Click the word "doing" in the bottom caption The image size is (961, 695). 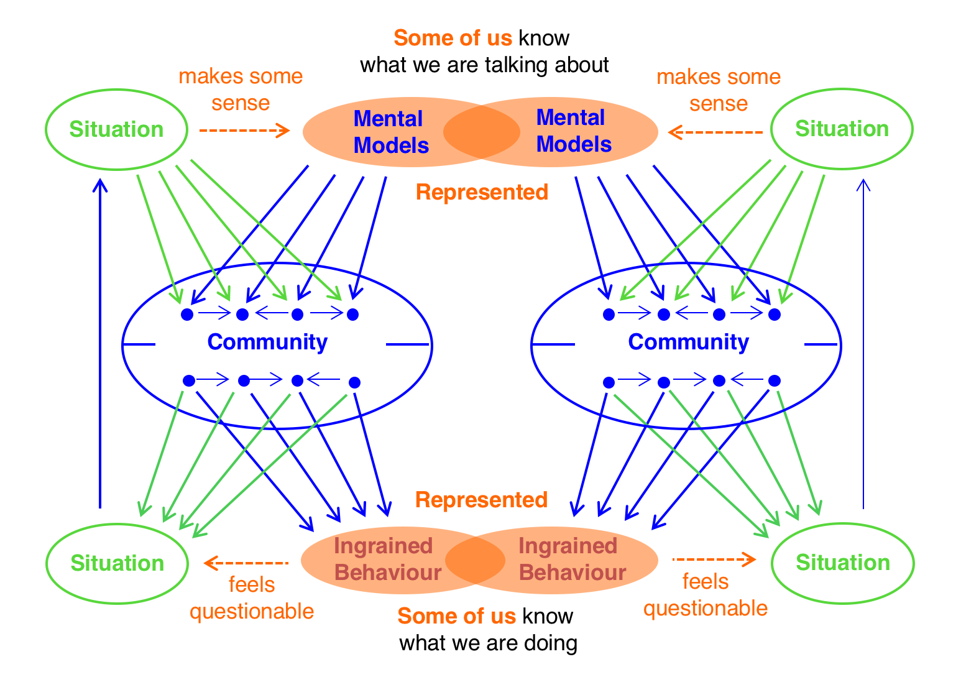pos(551,643)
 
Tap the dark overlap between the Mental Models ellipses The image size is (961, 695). pos(481,132)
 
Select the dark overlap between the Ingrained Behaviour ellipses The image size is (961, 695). pos(475,559)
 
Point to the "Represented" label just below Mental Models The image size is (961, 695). pos(482,193)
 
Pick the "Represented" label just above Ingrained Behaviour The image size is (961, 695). pos(481,500)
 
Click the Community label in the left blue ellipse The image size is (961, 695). pos(267,342)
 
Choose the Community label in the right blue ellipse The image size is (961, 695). pos(688,342)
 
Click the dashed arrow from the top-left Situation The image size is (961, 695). pos(244,131)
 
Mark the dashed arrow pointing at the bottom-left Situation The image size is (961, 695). pos(246,563)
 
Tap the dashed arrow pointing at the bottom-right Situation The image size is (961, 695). pos(714,559)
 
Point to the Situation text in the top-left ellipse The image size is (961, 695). pos(116,129)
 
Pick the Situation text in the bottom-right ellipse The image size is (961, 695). pos(842,563)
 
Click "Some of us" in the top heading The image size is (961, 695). pos(453,38)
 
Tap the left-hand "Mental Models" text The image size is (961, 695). pos(390,132)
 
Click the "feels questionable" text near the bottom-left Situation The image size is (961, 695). pos(252,598)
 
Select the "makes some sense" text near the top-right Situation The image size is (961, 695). pos(718,90)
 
